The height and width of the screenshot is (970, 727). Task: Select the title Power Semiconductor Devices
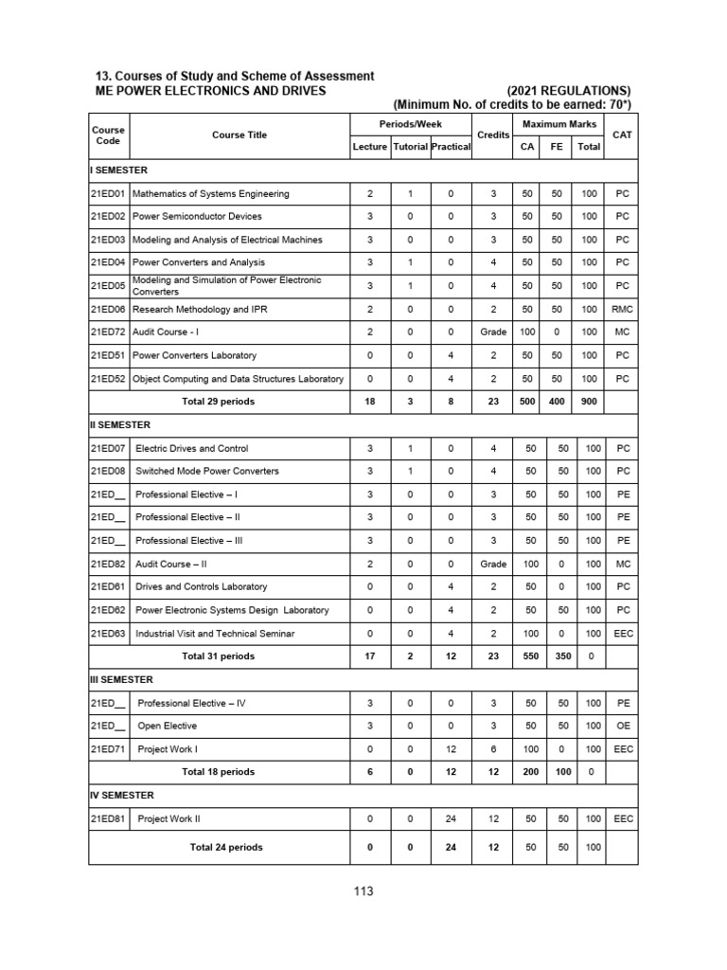coord(197,216)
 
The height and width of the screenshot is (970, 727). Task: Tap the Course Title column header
coord(239,135)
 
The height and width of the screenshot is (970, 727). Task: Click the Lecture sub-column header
coord(369,148)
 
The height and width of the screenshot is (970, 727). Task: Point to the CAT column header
coord(622,135)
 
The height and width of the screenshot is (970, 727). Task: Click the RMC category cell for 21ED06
coord(622,309)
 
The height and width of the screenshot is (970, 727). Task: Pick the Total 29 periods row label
coord(219,401)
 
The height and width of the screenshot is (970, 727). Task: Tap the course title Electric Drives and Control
coord(192,448)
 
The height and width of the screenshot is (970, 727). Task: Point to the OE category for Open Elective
coord(622,726)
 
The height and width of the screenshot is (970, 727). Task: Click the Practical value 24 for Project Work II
coord(451,817)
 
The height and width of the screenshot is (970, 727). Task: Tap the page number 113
coord(363,891)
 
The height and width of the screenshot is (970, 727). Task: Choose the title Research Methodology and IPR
coord(199,309)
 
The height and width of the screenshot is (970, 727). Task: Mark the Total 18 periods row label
coord(219,772)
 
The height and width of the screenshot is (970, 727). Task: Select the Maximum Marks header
coord(557,124)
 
